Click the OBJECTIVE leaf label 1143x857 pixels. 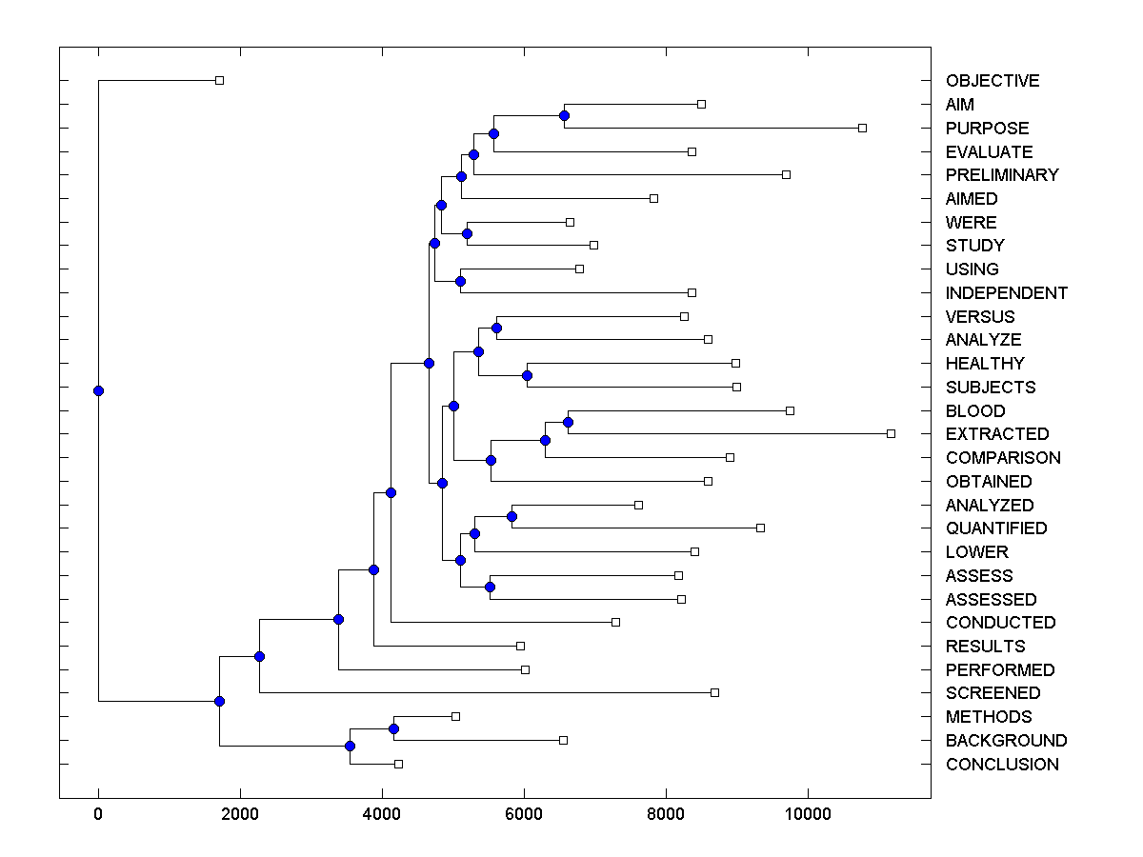coord(993,81)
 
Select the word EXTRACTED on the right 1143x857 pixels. coord(997,434)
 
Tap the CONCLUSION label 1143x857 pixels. coord(1002,765)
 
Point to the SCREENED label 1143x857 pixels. coord(993,693)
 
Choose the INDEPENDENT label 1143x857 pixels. coord(1007,293)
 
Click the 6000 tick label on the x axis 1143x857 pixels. coord(524,813)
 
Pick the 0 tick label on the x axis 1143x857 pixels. coord(98,813)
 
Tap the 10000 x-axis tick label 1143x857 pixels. coord(808,813)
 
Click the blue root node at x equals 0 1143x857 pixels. coord(98,390)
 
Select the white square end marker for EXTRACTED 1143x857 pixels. coord(891,433)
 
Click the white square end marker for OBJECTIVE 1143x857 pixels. coord(219,80)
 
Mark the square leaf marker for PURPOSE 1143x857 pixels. coord(862,128)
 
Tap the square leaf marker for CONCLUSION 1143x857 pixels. coord(398,764)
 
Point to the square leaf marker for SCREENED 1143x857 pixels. coord(714,692)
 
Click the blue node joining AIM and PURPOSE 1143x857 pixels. coord(564,115)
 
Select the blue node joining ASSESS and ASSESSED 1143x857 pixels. coord(490,587)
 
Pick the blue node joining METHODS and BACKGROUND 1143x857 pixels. coord(393,728)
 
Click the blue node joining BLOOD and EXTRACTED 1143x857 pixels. coord(568,422)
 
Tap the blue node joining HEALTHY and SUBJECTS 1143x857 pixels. coord(527,375)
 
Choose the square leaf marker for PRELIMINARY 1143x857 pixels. coord(786,174)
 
